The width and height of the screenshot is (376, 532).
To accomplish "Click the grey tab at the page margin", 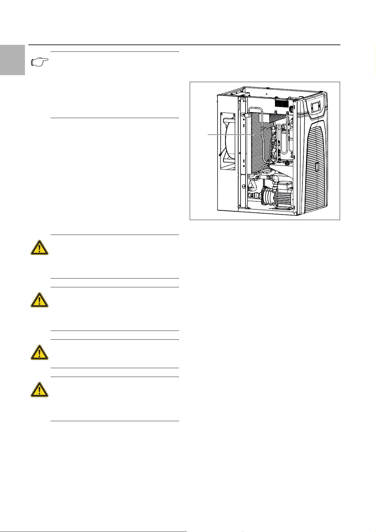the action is [x=12, y=60].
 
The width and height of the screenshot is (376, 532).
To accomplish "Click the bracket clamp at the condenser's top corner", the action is [x=246, y=113].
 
